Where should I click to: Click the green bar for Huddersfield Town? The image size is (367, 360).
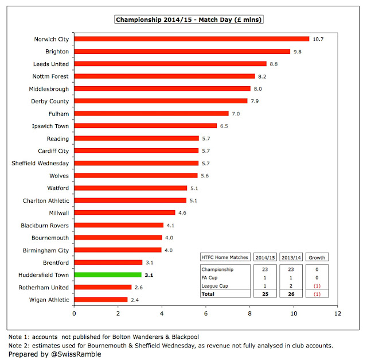(x=108, y=274)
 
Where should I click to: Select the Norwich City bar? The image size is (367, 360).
(x=192, y=39)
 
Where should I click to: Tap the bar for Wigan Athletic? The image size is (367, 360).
(x=101, y=300)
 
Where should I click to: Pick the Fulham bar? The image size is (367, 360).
(x=151, y=114)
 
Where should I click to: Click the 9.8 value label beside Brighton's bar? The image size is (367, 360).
(x=298, y=52)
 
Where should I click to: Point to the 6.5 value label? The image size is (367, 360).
(x=224, y=126)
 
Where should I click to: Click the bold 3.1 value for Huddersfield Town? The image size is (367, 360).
(x=149, y=275)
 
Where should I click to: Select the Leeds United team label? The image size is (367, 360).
(x=51, y=64)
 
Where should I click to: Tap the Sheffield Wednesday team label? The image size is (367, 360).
(x=40, y=163)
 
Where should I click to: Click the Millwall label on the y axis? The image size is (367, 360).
(x=59, y=213)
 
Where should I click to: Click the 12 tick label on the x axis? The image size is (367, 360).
(x=338, y=313)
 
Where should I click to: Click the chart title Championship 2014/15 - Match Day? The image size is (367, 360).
(x=189, y=20)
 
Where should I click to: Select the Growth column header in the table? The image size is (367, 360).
(x=317, y=258)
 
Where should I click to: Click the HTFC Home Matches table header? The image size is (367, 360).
(x=225, y=257)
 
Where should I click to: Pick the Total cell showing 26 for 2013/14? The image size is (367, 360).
(x=291, y=294)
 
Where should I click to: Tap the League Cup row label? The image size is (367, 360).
(x=215, y=286)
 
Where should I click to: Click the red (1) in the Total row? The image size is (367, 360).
(x=317, y=294)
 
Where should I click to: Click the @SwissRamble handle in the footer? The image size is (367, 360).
(x=76, y=354)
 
